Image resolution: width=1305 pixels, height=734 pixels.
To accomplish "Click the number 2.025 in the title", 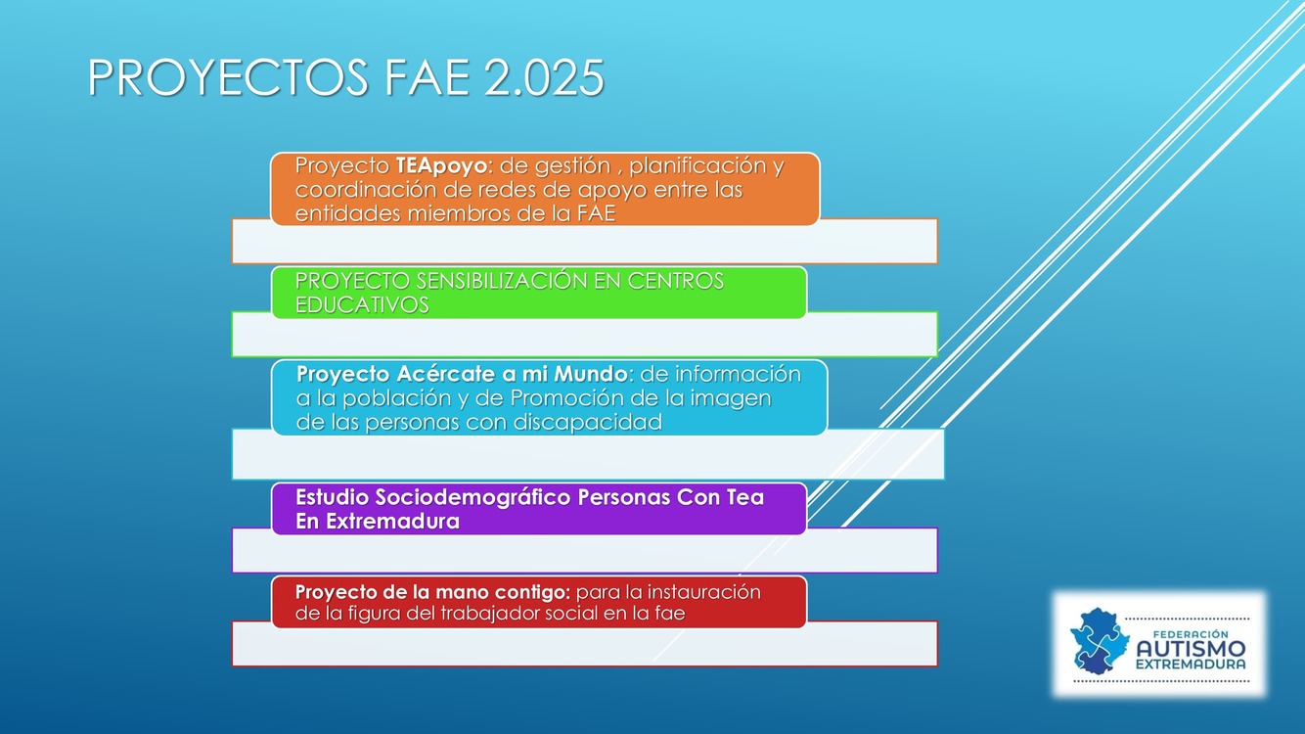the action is [x=544, y=77].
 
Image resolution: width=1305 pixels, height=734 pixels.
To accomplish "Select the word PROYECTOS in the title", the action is [x=228, y=77].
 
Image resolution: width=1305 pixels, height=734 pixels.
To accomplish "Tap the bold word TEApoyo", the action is [x=441, y=166].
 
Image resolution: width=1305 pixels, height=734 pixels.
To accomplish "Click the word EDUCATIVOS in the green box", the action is [x=362, y=304].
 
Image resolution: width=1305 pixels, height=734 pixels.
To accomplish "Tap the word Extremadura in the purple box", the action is [x=392, y=522].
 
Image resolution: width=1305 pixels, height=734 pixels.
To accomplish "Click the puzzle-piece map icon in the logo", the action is [x=1100, y=641].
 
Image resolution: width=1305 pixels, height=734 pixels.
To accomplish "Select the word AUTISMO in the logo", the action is [x=1191, y=649].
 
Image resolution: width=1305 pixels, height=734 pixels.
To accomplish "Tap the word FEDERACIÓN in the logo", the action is [x=1191, y=634].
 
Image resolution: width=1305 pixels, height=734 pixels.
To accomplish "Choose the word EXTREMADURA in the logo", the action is [x=1191, y=665].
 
